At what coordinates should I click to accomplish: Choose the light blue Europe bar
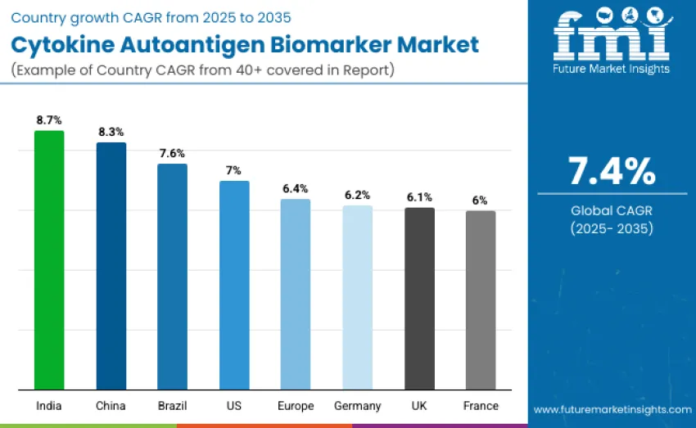click(x=296, y=294)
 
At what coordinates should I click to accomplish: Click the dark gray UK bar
click(x=419, y=298)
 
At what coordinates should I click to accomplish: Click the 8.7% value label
click(x=49, y=119)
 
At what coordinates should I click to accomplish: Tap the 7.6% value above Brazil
click(x=172, y=153)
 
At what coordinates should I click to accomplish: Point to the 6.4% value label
click(x=296, y=188)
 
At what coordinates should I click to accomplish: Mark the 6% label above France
click(x=480, y=200)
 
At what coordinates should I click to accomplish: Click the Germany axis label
click(x=357, y=406)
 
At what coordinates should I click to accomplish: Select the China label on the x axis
click(x=111, y=406)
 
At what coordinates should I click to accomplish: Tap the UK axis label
click(x=419, y=406)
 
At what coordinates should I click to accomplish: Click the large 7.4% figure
click(x=612, y=171)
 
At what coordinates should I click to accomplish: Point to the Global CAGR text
click(x=612, y=210)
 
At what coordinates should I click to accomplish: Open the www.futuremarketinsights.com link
click(x=612, y=408)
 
